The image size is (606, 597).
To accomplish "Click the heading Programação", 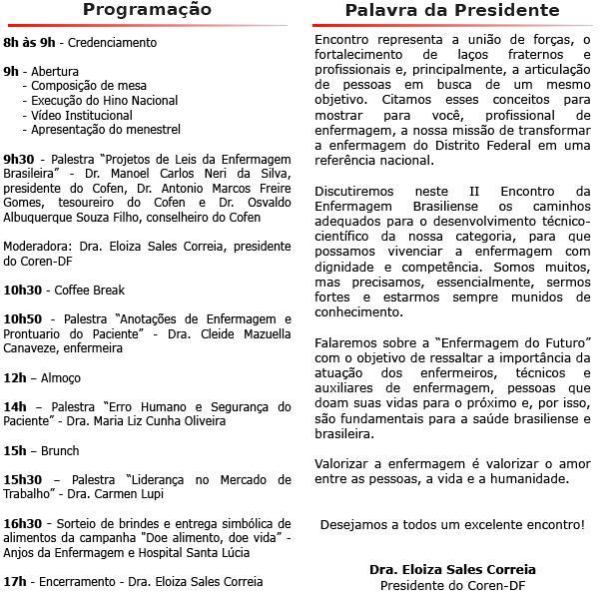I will click(x=147, y=10).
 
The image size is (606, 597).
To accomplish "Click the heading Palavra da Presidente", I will click(x=451, y=10).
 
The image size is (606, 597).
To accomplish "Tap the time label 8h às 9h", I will click(x=29, y=44).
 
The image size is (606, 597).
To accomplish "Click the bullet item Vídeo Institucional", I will click(x=82, y=115).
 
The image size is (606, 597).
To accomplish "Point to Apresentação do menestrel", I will click(x=106, y=130).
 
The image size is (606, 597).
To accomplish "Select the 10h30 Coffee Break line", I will click(x=64, y=291).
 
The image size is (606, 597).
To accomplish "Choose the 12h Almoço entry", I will click(x=42, y=378).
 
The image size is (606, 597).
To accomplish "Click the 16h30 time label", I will click(x=22, y=523).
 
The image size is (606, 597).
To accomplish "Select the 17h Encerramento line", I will click(x=133, y=582).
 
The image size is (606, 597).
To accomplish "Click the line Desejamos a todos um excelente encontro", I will click(x=452, y=524).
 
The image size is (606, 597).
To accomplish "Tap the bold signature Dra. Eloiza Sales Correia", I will click(x=452, y=569).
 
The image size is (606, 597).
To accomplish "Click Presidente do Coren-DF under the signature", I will click(x=452, y=584).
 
